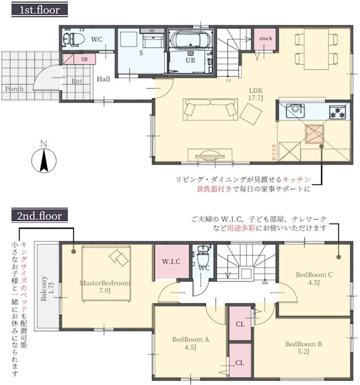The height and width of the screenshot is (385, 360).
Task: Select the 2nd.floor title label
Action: [x=39, y=213]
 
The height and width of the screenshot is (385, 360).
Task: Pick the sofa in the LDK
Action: [x=209, y=109]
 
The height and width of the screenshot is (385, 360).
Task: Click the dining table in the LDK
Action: [x=312, y=49]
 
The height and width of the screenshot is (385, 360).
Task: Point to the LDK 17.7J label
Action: [x=255, y=94]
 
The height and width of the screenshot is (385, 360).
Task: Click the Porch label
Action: [x=14, y=89]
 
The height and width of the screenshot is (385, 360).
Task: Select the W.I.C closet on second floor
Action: [x=171, y=262]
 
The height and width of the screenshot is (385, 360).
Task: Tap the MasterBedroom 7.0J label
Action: [x=105, y=286]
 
